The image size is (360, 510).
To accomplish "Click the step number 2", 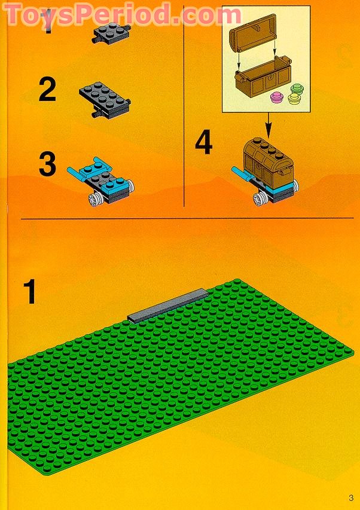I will pyautogui.click(x=47, y=90).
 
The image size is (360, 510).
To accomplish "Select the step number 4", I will pyautogui.click(x=203, y=143).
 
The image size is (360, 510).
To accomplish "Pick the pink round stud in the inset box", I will pyautogui.click(x=277, y=97).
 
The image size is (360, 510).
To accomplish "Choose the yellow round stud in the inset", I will pyautogui.click(x=294, y=99).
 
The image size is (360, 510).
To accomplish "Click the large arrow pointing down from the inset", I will pyautogui.click(x=267, y=124).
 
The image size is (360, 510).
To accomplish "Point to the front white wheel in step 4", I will pyautogui.click(x=261, y=200).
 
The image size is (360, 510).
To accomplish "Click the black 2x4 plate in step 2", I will pyautogui.click(x=105, y=96).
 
